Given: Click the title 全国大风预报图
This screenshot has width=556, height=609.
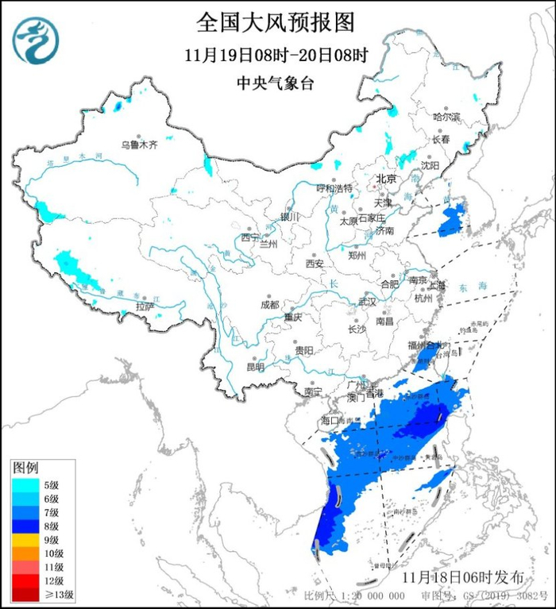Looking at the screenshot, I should pyautogui.click(x=276, y=21).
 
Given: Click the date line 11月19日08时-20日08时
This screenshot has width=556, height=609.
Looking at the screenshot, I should pyautogui.click(x=276, y=56).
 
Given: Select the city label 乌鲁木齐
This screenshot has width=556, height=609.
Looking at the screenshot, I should pyautogui.click(x=140, y=145).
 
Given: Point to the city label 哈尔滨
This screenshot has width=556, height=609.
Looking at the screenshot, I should pyautogui.click(x=446, y=117).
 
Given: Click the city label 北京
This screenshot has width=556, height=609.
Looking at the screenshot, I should pyautogui.click(x=385, y=179).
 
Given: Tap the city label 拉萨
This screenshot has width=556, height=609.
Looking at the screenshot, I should pyautogui.click(x=145, y=306).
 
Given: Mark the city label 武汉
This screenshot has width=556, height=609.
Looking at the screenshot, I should pyautogui.click(x=367, y=302).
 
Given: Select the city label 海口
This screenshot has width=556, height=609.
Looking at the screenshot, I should pyautogui.click(x=330, y=419).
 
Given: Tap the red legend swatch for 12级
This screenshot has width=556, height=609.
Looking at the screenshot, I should pyautogui.click(x=25, y=580).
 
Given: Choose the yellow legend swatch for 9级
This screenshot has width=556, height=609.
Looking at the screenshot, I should pyautogui.click(x=25, y=540).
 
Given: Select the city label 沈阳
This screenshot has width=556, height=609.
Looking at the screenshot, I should pyautogui.click(x=451, y=166).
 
